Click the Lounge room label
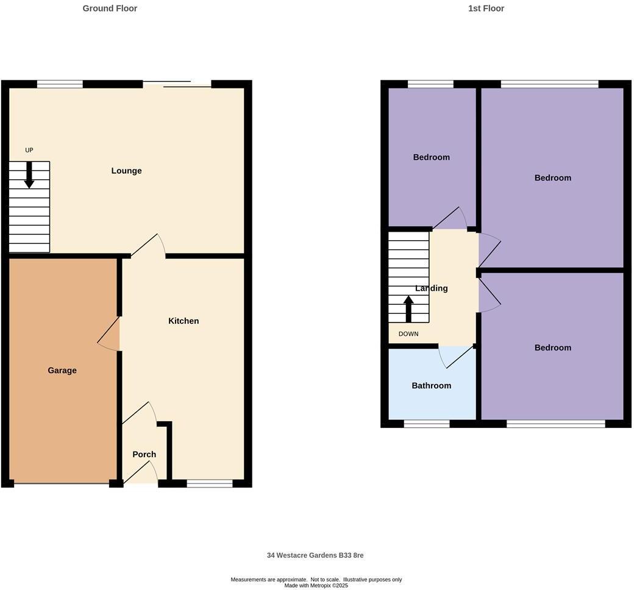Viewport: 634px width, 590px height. (126, 171)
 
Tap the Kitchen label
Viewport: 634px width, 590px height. (183, 321)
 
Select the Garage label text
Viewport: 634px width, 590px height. (62, 371)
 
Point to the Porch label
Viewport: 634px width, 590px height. (144, 455)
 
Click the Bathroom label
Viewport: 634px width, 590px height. (432, 386)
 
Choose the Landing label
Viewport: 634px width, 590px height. (432, 288)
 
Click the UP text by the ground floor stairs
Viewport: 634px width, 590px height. (29, 150)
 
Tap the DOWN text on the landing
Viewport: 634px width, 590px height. (408, 334)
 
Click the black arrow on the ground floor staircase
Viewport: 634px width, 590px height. (29, 175)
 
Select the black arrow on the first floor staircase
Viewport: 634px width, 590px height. (408, 308)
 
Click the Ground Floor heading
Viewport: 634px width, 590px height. (110, 9)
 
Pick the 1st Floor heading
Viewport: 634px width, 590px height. (486, 9)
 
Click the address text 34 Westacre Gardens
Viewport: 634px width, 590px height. (315, 555)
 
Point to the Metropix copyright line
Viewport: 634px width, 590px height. (316, 585)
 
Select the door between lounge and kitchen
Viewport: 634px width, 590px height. (148, 246)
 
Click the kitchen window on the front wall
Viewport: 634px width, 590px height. (210, 483)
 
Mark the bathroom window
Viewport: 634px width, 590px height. (427, 424)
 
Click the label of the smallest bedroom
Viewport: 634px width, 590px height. (432, 157)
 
